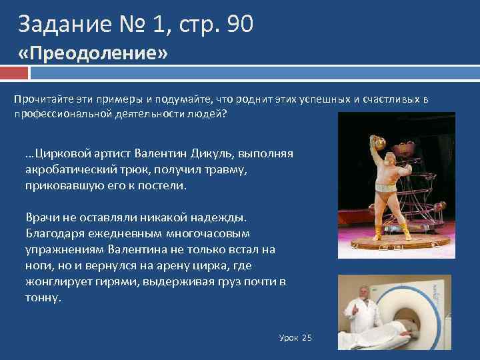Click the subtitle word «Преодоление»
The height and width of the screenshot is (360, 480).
pos(93,54)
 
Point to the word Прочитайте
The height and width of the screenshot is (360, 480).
pos(41,99)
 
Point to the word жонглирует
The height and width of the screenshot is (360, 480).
pos(57,281)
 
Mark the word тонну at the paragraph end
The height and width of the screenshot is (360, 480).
pos(42,297)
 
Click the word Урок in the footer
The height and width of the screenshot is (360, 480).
pos(289,338)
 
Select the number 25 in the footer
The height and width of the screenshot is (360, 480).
pos(307,338)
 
